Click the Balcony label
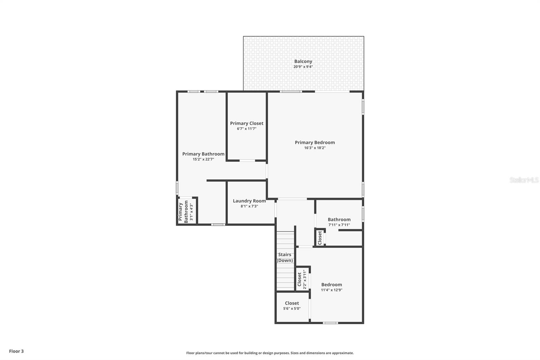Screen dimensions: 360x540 click(x=303, y=61)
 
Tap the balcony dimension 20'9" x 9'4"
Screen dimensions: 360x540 click(x=303, y=67)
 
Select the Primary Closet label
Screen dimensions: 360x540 click(x=247, y=123)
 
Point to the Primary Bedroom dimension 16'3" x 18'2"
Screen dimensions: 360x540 click(x=315, y=148)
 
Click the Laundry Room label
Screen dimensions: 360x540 click(x=249, y=201)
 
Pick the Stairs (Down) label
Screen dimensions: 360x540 click(x=285, y=257)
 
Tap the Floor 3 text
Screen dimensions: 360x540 click(x=16, y=351)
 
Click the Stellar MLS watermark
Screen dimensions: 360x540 click(x=524, y=180)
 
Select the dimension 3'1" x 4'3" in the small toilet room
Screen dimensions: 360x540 click(x=191, y=212)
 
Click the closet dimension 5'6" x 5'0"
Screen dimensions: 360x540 click(x=292, y=309)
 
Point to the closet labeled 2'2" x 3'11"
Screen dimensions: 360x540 click(x=302, y=279)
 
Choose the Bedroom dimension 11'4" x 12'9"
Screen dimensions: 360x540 click(x=331, y=290)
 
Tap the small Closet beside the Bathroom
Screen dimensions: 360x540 click(x=320, y=238)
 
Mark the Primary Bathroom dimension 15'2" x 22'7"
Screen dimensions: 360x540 click(x=203, y=159)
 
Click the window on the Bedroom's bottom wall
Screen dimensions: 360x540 click(x=330, y=323)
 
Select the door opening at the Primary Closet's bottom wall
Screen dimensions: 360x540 click(x=247, y=161)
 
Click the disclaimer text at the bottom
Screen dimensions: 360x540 click(x=270, y=353)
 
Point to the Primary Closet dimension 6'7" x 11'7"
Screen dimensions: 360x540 click(x=247, y=129)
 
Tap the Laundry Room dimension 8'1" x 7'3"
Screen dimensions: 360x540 click(x=249, y=206)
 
